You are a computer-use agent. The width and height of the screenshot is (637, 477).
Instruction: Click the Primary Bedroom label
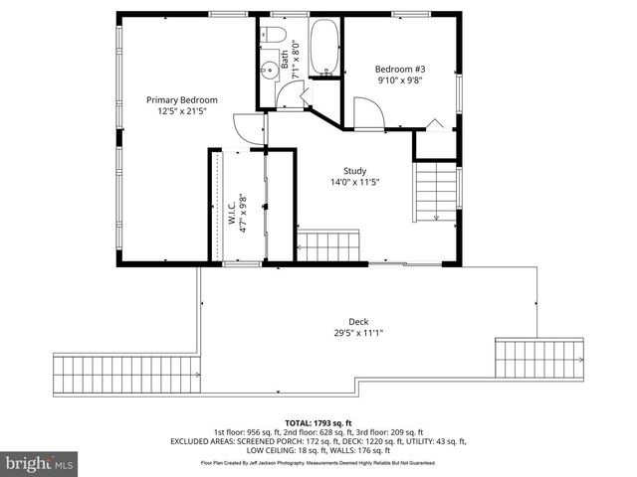182,99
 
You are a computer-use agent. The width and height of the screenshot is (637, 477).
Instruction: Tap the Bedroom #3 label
399,70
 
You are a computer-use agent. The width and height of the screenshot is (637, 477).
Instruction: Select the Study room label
355,170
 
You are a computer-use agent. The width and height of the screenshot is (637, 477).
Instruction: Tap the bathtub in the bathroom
323,46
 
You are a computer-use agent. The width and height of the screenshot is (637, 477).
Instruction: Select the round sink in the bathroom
269,70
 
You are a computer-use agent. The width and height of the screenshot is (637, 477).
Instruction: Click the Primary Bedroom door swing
245,127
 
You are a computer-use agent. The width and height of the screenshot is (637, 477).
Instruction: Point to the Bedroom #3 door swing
367,112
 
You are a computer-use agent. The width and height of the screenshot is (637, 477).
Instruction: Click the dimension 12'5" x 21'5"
182,111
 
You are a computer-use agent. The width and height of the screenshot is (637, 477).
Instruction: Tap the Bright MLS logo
39,463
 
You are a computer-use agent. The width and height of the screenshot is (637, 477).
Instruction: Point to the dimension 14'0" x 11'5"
355,182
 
